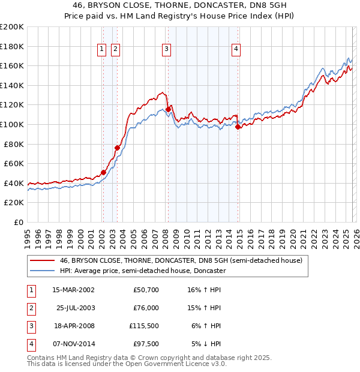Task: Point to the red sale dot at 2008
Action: [x=168, y=109]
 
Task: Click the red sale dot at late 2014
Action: [x=238, y=127]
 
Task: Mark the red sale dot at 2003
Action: [x=118, y=148]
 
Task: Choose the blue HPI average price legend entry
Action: [x=142, y=271]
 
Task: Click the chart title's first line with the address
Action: [x=180, y=6]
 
